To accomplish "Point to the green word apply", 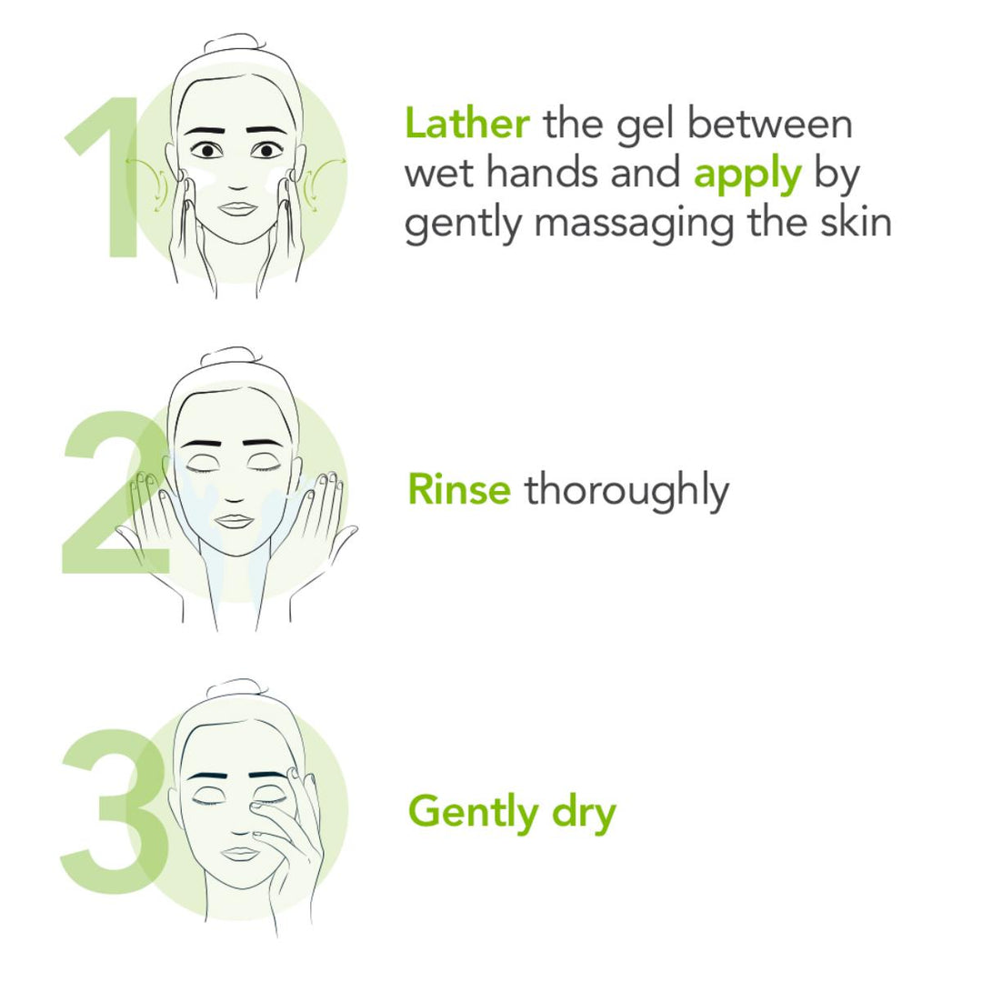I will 747,175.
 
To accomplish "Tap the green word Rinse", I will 459,490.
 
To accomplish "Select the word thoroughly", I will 626,492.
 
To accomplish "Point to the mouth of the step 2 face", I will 234,521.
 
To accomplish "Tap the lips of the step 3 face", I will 241,853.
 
